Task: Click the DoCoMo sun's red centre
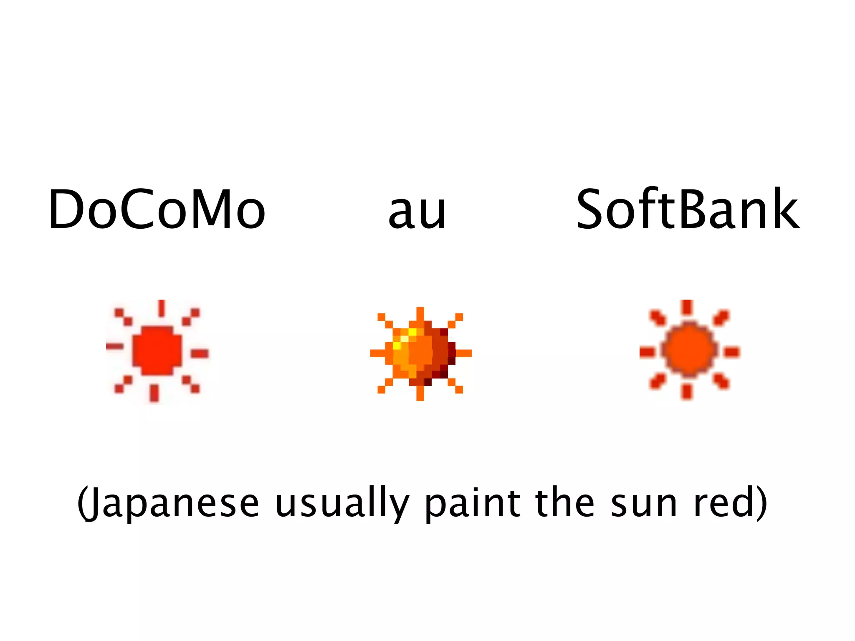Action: (x=157, y=351)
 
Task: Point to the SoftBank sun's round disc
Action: (x=689, y=350)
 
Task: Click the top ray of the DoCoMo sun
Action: (x=162, y=308)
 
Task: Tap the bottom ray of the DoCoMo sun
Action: (x=154, y=393)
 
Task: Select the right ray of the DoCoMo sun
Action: (x=200, y=354)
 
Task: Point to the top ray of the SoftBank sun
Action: (x=687, y=307)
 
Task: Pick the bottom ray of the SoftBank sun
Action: (x=687, y=392)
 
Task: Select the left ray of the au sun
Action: (x=378, y=353)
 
